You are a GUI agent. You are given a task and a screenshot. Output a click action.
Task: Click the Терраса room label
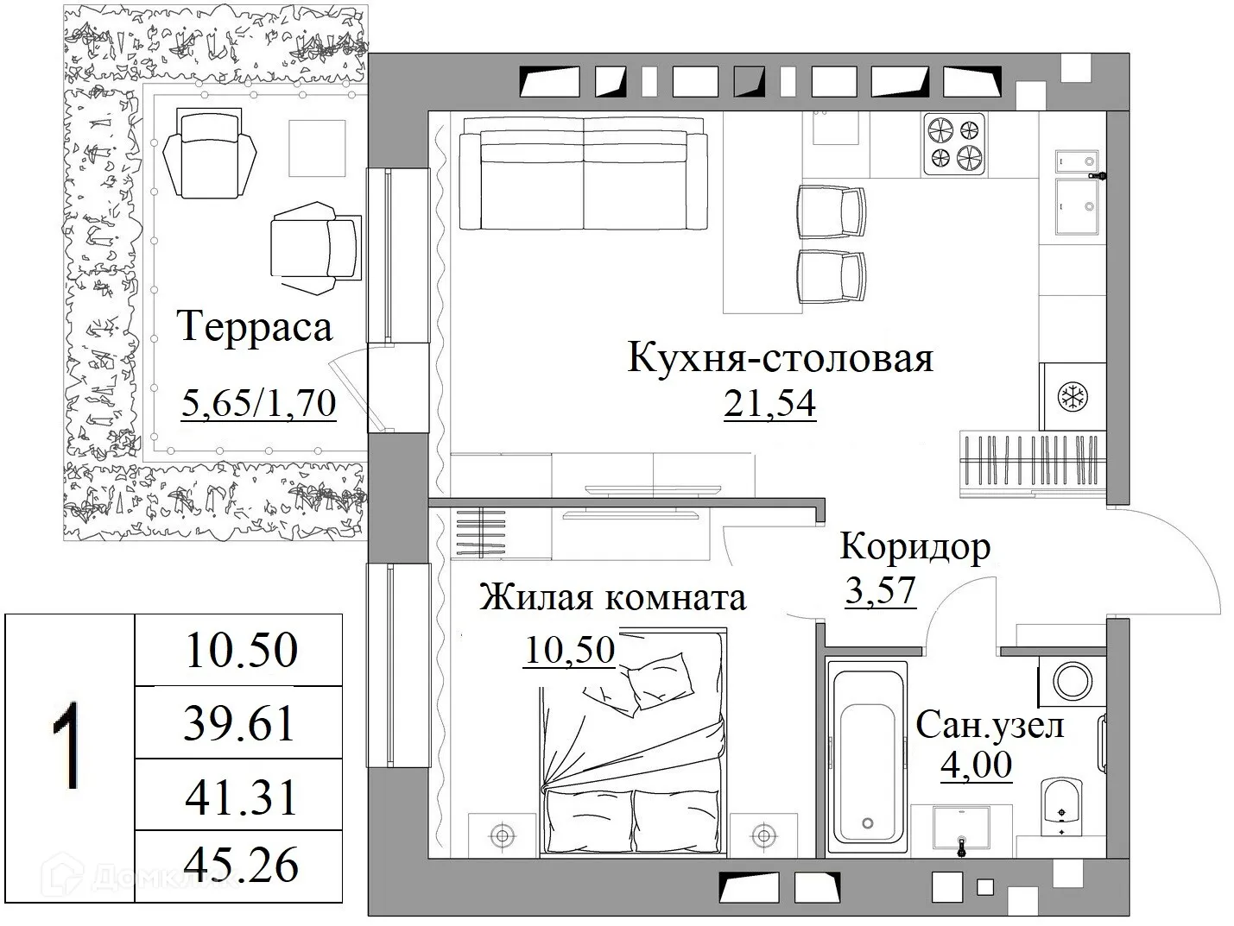[x=255, y=329]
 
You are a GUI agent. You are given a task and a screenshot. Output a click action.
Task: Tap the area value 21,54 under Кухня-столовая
[x=769, y=403]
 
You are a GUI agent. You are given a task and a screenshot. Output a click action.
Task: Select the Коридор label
[x=914, y=547]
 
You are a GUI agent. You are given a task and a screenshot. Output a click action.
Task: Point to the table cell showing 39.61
[x=239, y=723]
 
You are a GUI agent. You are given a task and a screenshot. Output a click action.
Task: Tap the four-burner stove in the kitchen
[x=954, y=143]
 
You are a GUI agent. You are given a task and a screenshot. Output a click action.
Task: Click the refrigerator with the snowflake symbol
[x=1073, y=397]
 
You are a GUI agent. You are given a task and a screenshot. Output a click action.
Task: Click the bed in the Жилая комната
[x=632, y=759]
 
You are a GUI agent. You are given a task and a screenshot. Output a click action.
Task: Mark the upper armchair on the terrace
[x=211, y=151]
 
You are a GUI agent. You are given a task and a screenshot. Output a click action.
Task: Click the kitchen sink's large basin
[x=1076, y=205]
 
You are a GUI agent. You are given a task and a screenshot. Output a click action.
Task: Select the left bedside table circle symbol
[x=502, y=835]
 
